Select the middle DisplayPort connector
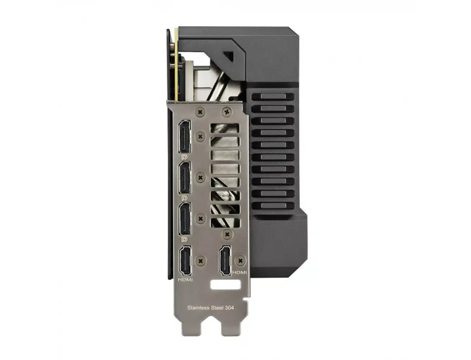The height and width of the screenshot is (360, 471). click(x=184, y=178)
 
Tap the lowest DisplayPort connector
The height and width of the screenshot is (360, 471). click(x=184, y=219)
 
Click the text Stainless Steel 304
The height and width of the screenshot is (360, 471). click(x=211, y=308)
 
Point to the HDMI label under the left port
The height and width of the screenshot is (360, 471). click(x=185, y=280)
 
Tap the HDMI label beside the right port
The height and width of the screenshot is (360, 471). click(x=239, y=273)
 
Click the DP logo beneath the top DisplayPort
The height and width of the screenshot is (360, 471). click(x=184, y=157)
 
